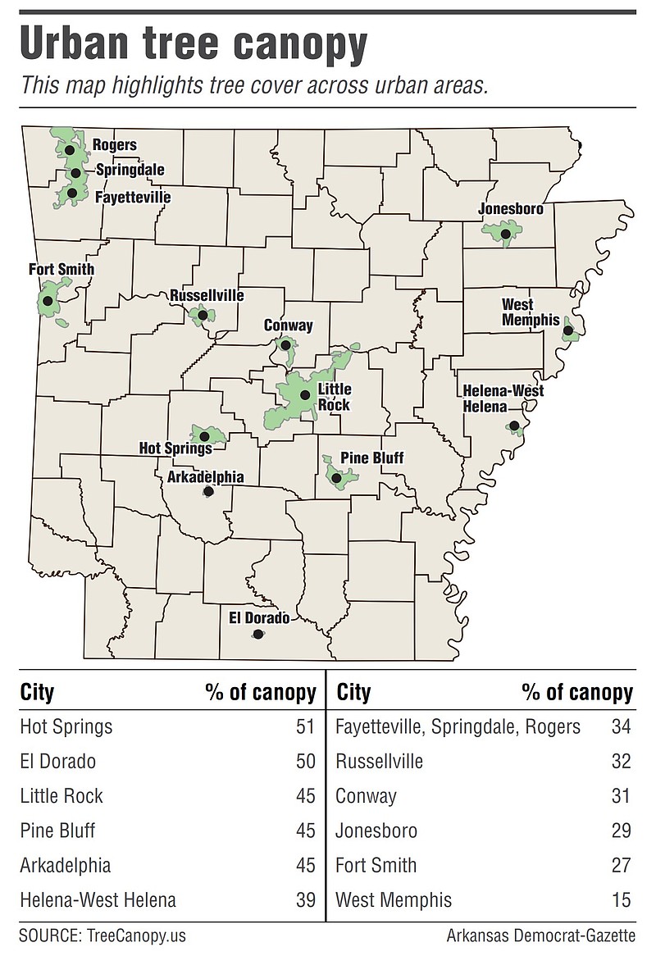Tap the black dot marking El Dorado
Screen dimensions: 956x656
tap(258, 634)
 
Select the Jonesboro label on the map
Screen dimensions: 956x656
tap(511, 209)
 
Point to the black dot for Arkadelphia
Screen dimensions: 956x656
tap(207, 492)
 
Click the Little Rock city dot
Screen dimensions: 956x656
tap(304, 395)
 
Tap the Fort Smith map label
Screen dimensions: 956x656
tap(61, 269)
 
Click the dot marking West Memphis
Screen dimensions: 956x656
tap(567, 331)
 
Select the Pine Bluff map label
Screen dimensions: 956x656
tap(371, 458)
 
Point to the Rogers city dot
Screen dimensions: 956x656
tap(70, 150)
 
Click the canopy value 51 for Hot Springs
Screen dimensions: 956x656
tap(305, 726)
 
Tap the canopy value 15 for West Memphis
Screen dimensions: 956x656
tap(621, 900)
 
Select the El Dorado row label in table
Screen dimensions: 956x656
tap(57, 762)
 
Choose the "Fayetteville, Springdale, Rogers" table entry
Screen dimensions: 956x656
tap(458, 726)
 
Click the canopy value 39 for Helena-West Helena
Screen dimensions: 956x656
tap(305, 900)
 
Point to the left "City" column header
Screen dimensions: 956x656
tap(37, 693)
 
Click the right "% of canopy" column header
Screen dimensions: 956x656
tap(577, 693)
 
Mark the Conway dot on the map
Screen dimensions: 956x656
tap(285, 345)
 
